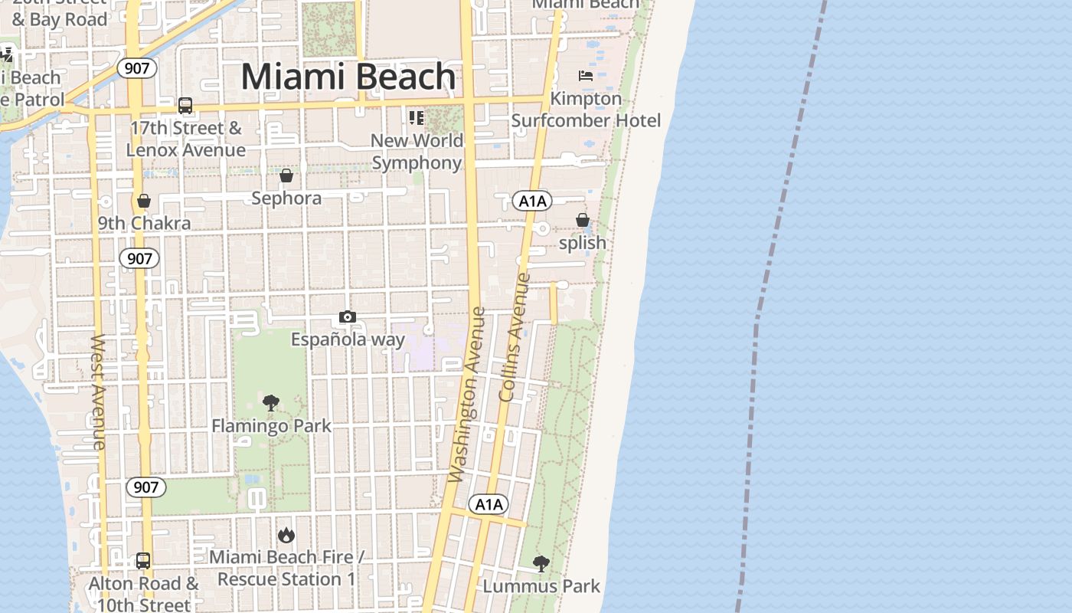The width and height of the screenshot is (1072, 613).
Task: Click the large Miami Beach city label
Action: (348, 77)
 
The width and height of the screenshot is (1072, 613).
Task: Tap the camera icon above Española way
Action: (348, 317)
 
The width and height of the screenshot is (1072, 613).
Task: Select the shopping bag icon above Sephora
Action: (286, 176)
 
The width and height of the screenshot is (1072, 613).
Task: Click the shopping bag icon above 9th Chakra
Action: (144, 202)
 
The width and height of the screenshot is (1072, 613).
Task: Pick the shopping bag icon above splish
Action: (583, 221)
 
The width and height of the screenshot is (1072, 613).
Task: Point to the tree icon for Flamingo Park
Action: (271, 403)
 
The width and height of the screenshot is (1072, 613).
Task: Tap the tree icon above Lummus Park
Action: (541, 565)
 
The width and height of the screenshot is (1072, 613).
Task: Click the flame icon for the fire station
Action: (286, 535)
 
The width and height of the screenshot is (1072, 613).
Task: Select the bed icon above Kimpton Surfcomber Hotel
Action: (586, 76)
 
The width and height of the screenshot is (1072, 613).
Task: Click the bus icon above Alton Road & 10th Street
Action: (143, 561)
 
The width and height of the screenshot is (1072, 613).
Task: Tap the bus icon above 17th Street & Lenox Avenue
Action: (185, 106)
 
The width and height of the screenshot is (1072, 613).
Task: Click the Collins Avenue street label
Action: (514, 337)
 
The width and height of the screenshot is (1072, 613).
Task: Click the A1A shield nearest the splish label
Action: (532, 202)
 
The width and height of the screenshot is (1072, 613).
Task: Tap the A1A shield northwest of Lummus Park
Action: (489, 504)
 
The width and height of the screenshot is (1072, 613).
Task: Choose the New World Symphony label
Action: (417, 152)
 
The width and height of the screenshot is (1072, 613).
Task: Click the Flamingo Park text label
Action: (272, 426)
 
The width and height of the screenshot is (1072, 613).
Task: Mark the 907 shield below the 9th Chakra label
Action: (139, 258)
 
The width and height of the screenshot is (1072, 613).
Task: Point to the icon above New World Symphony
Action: (417, 118)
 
